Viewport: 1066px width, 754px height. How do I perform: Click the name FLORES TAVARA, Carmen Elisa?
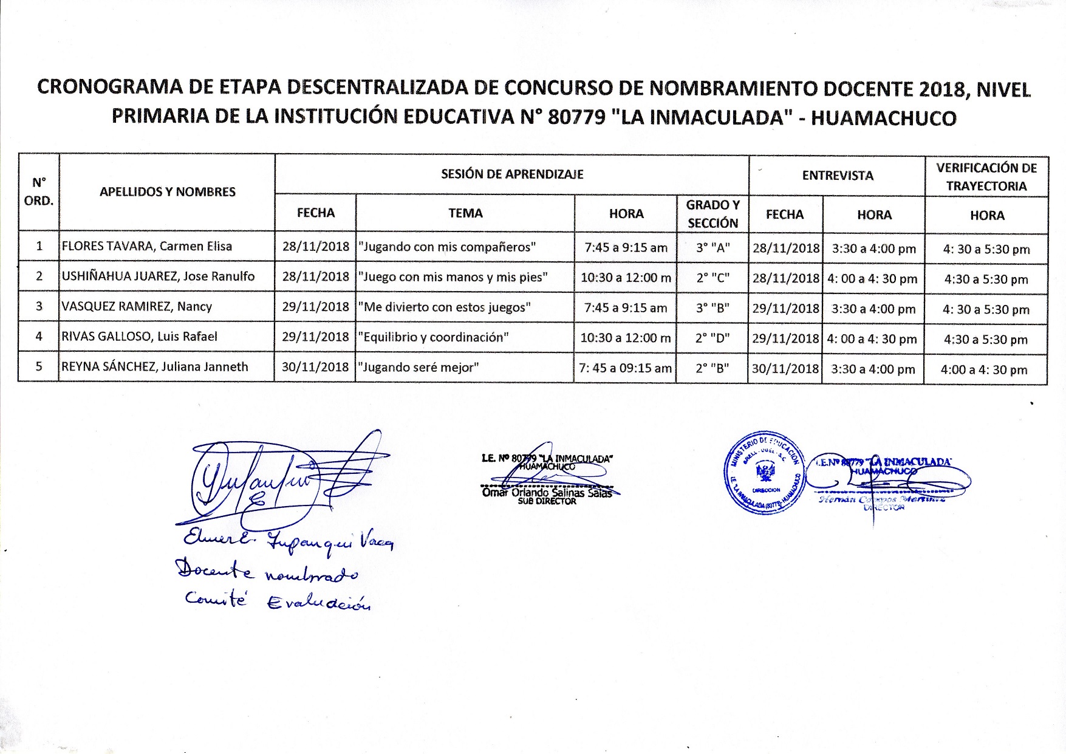tap(146, 247)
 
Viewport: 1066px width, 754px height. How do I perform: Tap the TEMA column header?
tap(465, 213)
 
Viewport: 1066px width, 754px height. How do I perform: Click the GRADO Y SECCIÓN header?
tap(712, 214)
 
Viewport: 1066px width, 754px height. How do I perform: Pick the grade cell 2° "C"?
tap(712, 278)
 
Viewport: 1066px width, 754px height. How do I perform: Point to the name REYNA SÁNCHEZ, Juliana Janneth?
tap(155, 367)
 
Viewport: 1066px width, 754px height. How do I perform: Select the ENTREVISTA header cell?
tap(837, 176)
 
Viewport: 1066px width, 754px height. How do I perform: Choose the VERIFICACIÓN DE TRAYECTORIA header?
tap(986, 177)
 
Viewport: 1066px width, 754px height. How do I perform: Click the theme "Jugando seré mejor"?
tap(419, 368)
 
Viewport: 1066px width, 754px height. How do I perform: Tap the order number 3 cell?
tap(39, 306)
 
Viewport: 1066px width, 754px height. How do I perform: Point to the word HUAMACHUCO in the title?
tap(884, 118)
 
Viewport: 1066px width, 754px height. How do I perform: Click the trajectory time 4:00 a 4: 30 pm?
tap(984, 369)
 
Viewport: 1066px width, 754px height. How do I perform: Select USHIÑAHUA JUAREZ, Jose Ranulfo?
tap(158, 276)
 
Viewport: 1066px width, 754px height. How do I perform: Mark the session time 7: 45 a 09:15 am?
tap(626, 368)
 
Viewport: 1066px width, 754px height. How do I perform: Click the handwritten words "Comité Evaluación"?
tap(277, 601)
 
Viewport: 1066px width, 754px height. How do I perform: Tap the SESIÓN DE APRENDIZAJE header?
tap(512, 175)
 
